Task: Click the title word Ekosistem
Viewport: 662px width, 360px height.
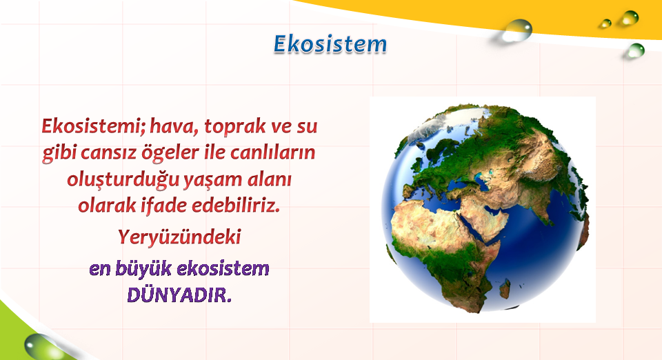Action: pos(330,44)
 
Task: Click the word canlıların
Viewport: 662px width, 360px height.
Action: pos(273,152)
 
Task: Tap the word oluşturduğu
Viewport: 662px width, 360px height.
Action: pos(123,180)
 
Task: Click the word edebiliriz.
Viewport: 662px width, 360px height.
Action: pos(236,205)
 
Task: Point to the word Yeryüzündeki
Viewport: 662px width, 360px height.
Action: pos(179,237)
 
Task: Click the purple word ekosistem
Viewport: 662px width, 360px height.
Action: pos(223,269)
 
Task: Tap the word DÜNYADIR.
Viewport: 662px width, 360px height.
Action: pos(179,295)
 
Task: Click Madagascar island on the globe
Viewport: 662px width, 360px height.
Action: pos(505,289)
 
